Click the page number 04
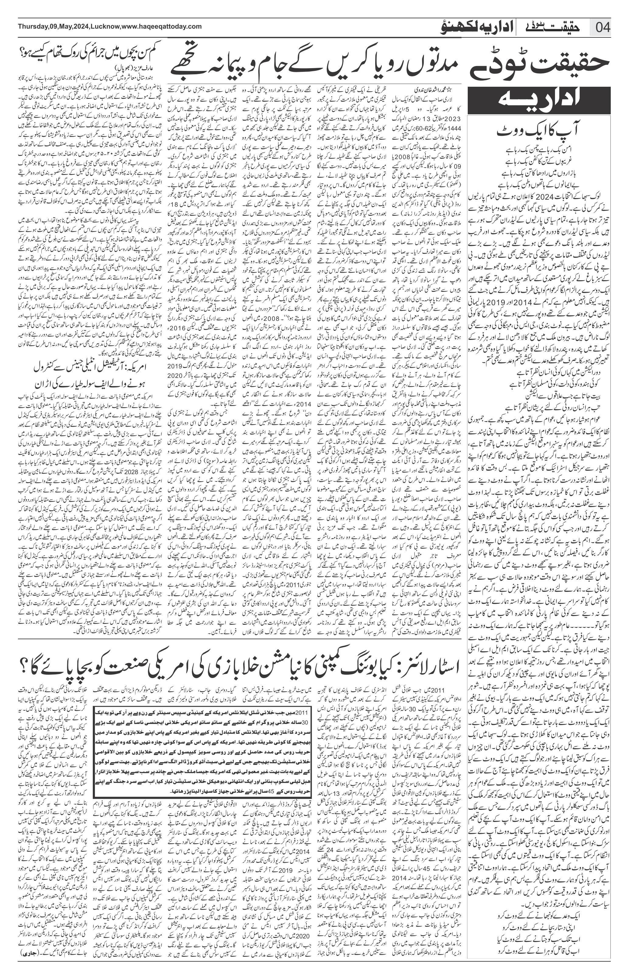tap(603, 28)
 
